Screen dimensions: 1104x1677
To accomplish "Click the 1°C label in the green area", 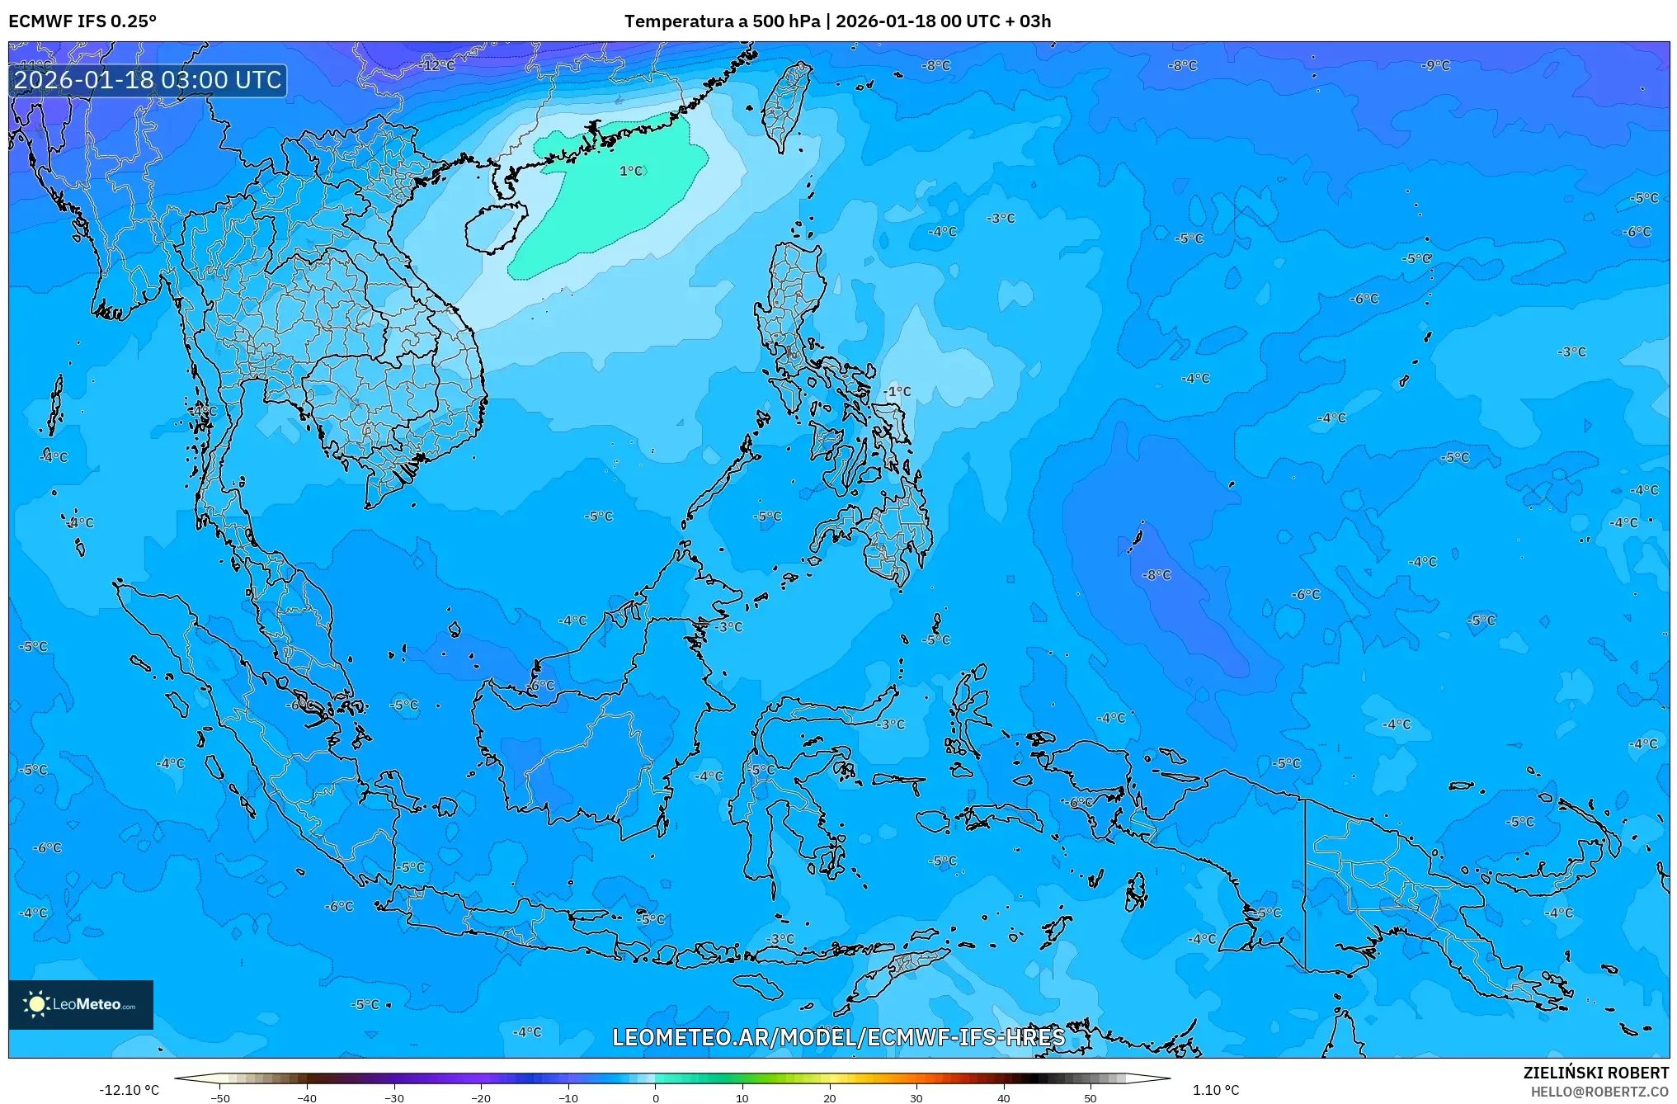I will (631, 171).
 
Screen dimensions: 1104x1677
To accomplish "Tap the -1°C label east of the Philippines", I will (897, 391).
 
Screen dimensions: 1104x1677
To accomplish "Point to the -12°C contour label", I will (438, 65).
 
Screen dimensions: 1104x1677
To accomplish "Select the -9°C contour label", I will (1435, 65).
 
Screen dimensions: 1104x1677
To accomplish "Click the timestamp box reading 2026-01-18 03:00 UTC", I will (148, 80).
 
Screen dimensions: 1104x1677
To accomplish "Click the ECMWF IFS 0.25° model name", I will (82, 21).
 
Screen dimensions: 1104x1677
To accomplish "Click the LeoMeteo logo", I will (81, 1004).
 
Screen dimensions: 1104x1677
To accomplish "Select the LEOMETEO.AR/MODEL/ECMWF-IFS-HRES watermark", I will (838, 1037).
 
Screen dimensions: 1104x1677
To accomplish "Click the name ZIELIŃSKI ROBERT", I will (1595, 1073).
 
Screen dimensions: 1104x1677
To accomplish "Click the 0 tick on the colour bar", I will (656, 1097).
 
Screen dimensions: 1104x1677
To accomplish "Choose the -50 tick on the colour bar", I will (220, 1097).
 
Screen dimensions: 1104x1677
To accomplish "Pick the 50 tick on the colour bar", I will (1091, 1097).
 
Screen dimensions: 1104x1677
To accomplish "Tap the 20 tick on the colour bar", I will (830, 1097).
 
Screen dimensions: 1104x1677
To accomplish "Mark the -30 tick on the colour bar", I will (394, 1097).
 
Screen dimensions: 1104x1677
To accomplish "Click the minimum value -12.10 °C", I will (129, 1090).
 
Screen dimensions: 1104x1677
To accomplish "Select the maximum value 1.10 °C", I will (1216, 1090).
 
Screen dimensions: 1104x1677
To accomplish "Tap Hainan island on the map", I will (496, 227).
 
